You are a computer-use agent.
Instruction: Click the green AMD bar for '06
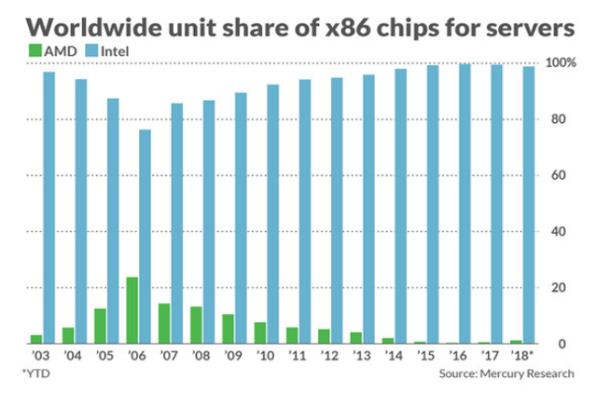pyautogui.click(x=132, y=310)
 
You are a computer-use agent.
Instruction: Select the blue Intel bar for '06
pyautogui.click(x=145, y=237)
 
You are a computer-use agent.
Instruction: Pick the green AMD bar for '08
pyautogui.click(x=197, y=325)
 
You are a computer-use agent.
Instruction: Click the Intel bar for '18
pyautogui.click(x=529, y=205)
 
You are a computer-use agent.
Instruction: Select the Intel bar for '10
pyautogui.click(x=272, y=214)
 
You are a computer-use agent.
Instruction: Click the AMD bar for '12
pyautogui.click(x=325, y=336)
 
